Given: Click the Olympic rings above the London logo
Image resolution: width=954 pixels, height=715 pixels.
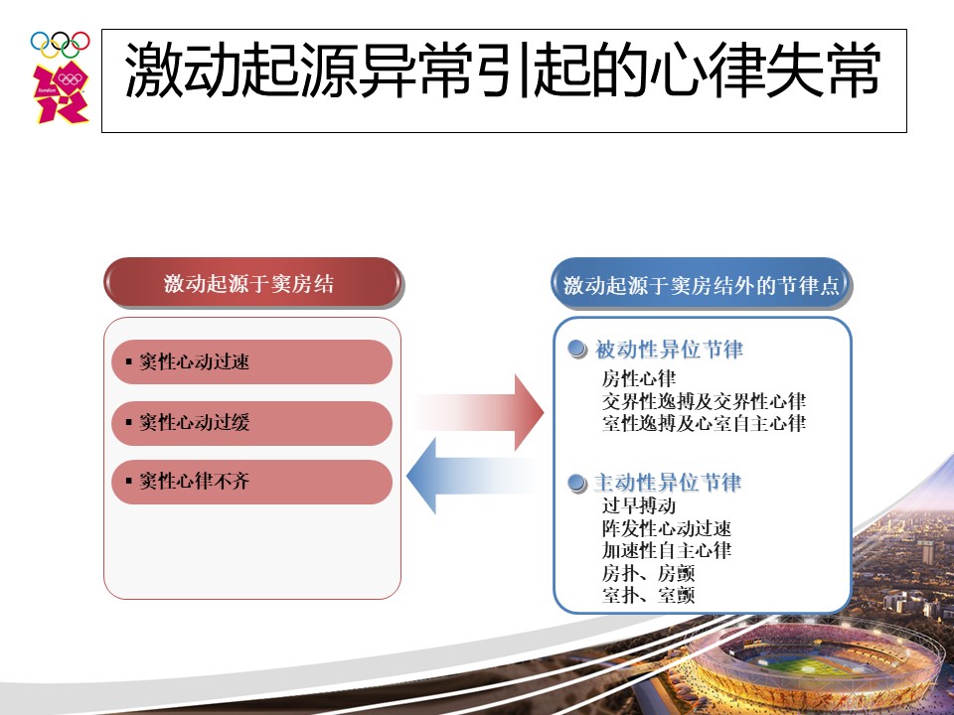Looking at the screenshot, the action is click(x=61, y=45).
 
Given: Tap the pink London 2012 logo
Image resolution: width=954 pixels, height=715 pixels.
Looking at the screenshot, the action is click(x=61, y=91).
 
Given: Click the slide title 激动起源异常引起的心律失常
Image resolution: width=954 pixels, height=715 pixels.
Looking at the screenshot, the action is click(x=503, y=70).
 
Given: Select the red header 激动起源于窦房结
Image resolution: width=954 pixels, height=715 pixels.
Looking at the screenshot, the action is click(x=252, y=283).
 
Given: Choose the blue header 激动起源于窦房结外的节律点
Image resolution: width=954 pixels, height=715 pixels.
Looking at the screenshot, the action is click(x=702, y=285).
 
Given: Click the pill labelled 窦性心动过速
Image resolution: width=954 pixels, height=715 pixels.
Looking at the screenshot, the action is click(x=251, y=361).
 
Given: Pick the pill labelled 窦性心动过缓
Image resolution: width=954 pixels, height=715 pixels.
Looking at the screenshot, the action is click(x=251, y=423).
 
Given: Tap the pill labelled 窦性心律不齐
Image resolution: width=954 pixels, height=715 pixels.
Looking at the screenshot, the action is click(x=251, y=482).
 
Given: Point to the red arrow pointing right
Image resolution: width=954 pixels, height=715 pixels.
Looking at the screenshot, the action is click(x=481, y=412).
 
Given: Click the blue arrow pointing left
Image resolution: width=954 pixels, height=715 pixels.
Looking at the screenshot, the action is click(x=471, y=476).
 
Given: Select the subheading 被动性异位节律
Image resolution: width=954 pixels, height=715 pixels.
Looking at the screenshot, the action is click(x=669, y=350).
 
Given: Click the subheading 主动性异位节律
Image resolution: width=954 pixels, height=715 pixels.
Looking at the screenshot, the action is click(x=668, y=483).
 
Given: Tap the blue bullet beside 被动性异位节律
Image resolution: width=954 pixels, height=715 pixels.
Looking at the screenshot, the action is click(x=576, y=350).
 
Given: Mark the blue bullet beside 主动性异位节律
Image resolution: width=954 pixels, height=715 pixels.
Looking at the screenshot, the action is click(x=576, y=484).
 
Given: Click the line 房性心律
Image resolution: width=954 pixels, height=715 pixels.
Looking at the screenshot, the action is click(x=639, y=378).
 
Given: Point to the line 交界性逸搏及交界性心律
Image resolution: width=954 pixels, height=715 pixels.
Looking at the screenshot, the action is click(x=704, y=401).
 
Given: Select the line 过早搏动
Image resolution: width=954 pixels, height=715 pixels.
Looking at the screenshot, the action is click(x=639, y=505).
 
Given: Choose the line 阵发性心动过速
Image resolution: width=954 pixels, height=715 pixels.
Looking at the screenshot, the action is click(x=666, y=527).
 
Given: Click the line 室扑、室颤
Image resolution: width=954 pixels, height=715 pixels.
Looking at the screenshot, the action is click(x=648, y=595).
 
